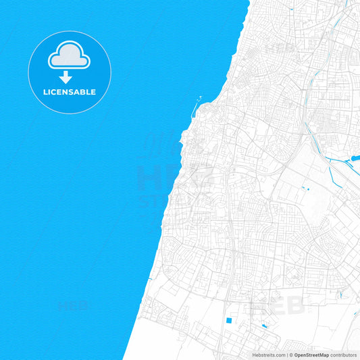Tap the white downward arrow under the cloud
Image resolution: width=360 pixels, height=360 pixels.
coord(66,78)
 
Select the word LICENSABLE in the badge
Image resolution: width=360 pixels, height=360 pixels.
coord(70,92)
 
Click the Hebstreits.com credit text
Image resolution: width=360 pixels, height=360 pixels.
coord(266,354)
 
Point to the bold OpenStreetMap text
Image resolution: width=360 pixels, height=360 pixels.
coord(311,354)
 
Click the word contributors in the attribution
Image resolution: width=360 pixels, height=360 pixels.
coord(344,354)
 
